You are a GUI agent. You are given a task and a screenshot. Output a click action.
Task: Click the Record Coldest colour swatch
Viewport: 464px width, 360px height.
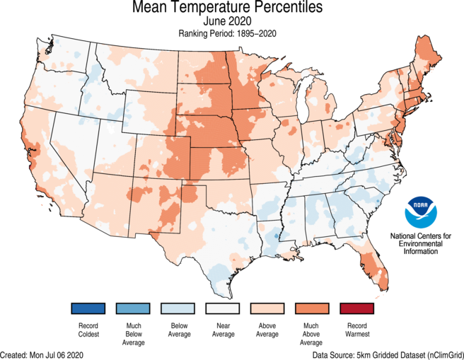click(x=88, y=308)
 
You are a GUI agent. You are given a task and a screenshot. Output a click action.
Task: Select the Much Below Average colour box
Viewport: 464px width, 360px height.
click(x=133, y=308)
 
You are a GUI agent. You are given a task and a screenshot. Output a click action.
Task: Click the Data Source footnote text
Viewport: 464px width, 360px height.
click(x=386, y=354)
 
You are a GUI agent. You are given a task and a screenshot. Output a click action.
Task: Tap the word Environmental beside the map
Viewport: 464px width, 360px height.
click(x=422, y=243)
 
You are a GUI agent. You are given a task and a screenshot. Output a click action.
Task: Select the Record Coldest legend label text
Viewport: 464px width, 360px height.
click(x=88, y=330)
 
